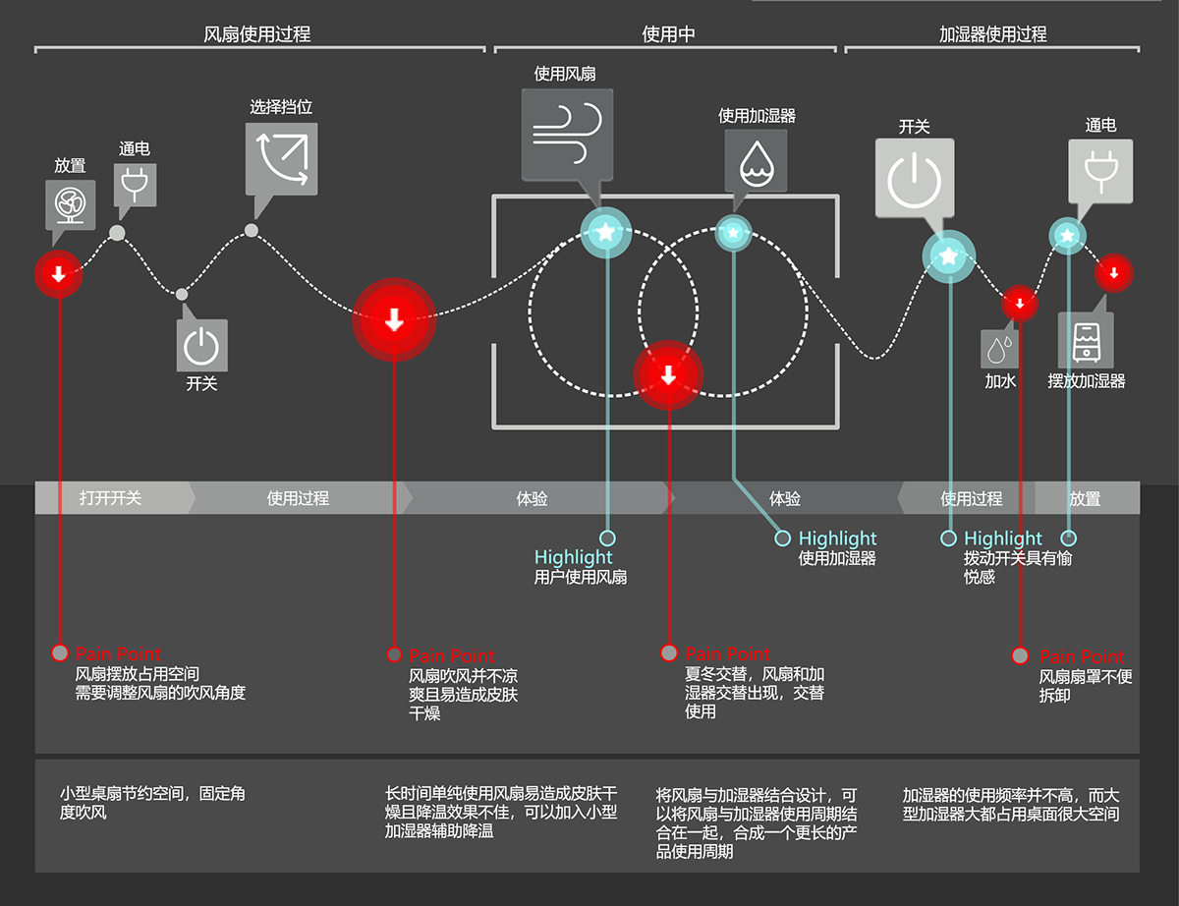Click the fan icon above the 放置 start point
point(71,204)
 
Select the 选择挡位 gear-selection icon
point(282,156)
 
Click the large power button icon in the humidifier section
point(915,178)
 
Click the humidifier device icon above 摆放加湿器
point(1086,340)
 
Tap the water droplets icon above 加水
point(1000,349)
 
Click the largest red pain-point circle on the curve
point(394,320)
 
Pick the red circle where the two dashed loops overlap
point(668,374)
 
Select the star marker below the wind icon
point(606,233)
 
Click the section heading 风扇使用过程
point(256,34)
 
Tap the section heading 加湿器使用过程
point(993,34)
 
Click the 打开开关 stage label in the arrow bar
point(110,498)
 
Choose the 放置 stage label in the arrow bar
point(1085,498)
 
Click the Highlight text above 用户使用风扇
point(573,557)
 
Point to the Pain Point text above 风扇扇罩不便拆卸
point(1082,656)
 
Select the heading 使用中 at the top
point(668,34)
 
